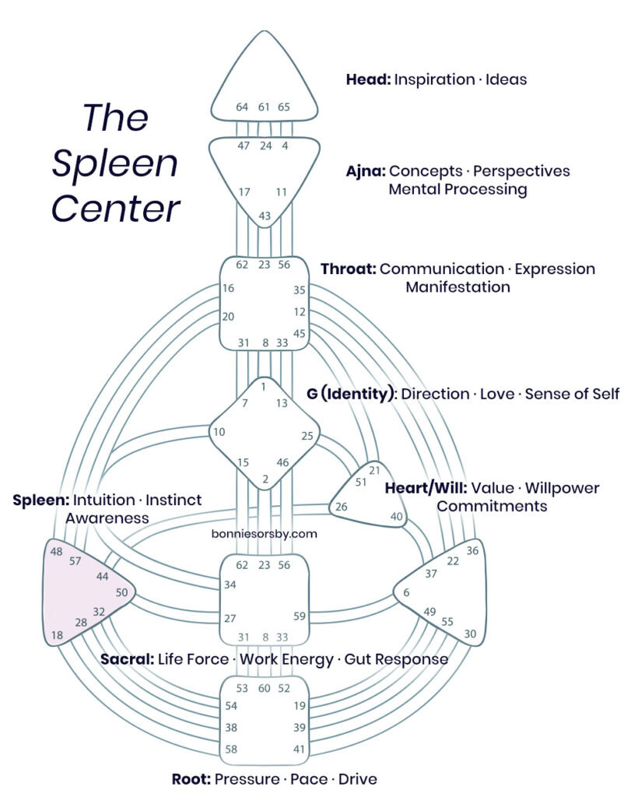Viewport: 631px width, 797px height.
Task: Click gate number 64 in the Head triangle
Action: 242,107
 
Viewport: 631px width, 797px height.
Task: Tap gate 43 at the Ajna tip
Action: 265,216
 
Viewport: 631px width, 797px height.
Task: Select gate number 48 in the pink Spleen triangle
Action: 56,551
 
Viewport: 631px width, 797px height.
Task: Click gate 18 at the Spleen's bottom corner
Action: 56,636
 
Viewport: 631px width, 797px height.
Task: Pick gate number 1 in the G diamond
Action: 265,387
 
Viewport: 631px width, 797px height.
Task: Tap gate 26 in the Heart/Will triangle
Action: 341,507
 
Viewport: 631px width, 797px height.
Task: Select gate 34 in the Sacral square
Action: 230,585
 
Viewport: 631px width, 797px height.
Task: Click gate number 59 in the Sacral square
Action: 300,617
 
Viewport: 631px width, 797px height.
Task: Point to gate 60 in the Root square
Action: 265,688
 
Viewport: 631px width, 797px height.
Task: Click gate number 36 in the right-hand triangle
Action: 472,551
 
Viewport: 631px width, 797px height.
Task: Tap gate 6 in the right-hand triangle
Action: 406,593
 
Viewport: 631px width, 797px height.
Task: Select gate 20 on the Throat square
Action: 228,317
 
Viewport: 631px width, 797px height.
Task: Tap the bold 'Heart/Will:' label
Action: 425,489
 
